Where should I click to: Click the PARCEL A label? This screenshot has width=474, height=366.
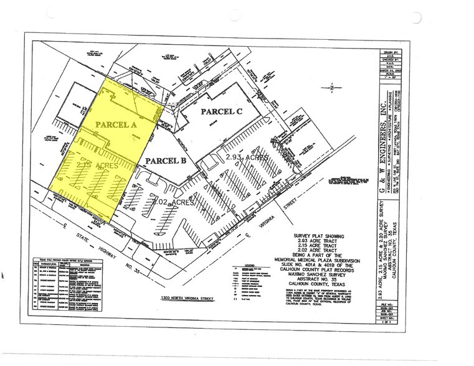(x=116, y=124)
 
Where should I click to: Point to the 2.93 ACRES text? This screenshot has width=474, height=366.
(x=248, y=158)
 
